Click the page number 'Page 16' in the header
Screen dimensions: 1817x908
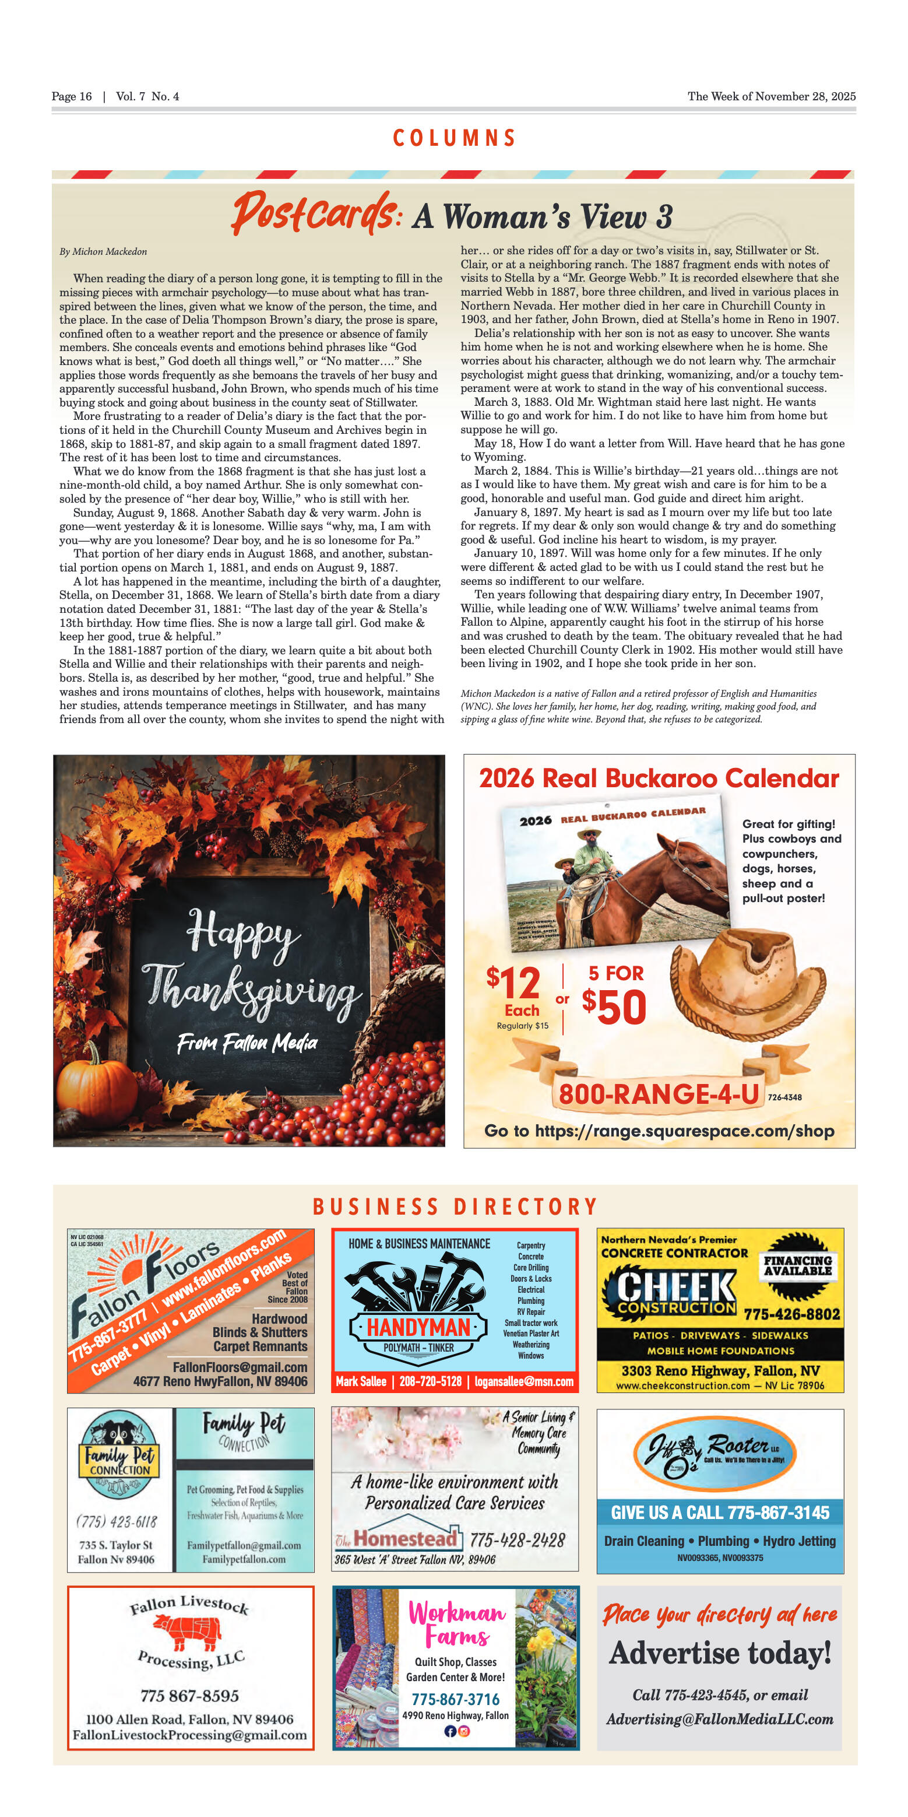[x=71, y=97]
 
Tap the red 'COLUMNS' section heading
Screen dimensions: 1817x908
[x=454, y=138]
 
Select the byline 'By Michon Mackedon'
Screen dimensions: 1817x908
[x=103, y=252]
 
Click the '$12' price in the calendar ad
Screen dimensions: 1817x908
[x=513, y=983]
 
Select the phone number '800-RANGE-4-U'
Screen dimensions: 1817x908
[x=659, y=1094]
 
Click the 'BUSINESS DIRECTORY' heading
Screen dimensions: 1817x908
[x=455, y=1207]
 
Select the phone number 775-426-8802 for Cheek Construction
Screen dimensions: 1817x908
[x=791, y=1314]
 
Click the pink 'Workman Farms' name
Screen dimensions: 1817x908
[x=457, y=1625]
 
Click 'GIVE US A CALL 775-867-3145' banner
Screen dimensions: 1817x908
[x=720, y=1512]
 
